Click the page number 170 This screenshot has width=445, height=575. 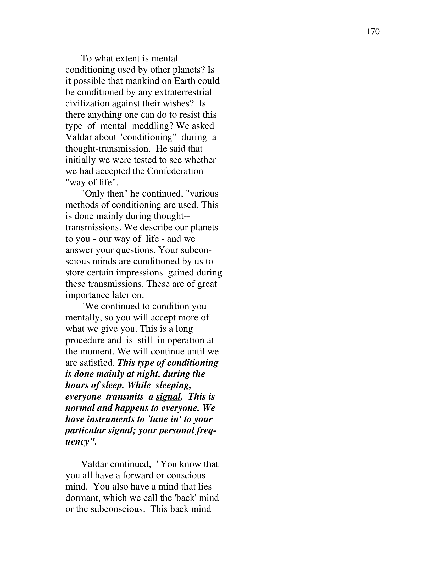(373, 32)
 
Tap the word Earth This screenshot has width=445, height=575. (185, 81)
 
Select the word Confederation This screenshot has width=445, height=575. (175, 171)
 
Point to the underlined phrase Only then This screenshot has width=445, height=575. (104, 194)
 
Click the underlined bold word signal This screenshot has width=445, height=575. (169, 397)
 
